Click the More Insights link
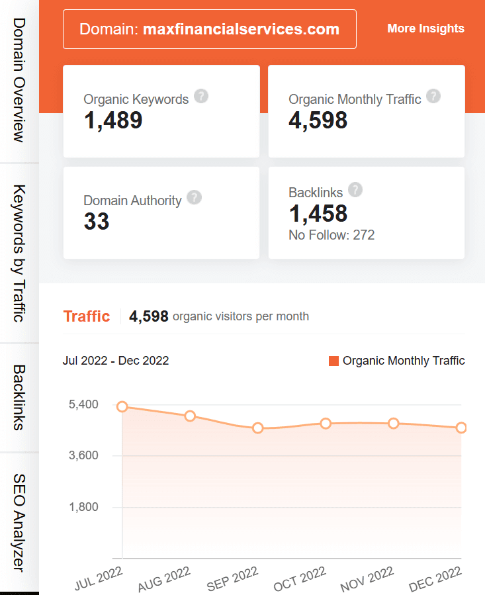(x=425, y=28)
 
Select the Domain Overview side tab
(x=19, y=80)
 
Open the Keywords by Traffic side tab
(x=19, y=253)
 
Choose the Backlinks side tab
(x=19, y=398)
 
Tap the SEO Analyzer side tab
(x=19, y=522)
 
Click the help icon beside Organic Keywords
(x=202, y=97)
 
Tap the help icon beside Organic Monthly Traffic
(x=433, y=97)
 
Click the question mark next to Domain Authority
(x=194, y=197)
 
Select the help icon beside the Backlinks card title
(x=355, y=190)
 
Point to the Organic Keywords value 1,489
(x=113, y=120)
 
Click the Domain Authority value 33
(x=97, y=222)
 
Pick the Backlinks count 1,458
(x=318, y=214)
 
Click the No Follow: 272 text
(x=331, y=235)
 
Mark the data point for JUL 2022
(x=122, y=407)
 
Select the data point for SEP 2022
(x=257, y=428)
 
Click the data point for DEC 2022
(x=461, y=428)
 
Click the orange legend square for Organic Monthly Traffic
(x=333, y=361)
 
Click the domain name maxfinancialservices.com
(x=241, y=29)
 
